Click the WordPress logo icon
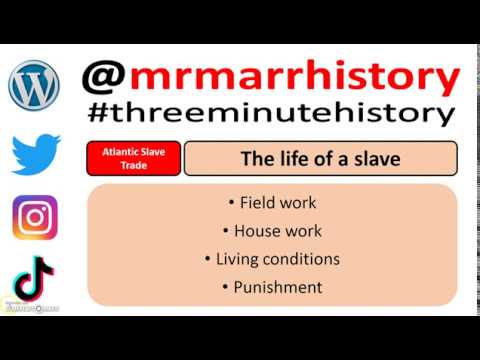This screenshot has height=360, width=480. [x=34, y=86]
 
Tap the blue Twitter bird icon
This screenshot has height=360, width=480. [x=35, y=153]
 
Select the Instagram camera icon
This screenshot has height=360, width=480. [x=35, y=218]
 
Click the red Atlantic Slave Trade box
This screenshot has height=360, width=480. [x=134, y=158]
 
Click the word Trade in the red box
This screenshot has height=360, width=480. [x=134, y=166]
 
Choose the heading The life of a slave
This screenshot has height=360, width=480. [x=321, y=158]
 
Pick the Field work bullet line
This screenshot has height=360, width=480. [x=272, y=203]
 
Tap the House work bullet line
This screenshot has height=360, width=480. [x=272, y=231]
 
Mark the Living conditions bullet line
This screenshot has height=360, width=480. [x=272, y=259]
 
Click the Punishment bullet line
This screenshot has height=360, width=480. [x=272, y=287]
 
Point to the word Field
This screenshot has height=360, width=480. [x=257, y=203]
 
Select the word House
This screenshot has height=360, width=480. [x=258, y=231]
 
